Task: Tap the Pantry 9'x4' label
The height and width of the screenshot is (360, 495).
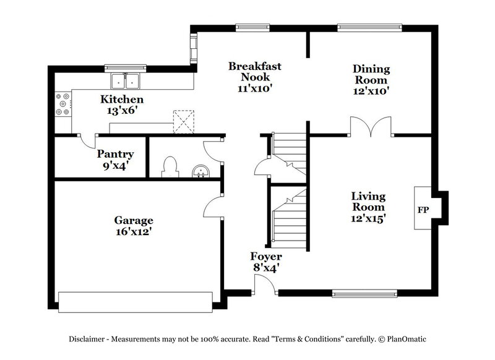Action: click(115, 160)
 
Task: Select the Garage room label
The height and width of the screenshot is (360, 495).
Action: click(133, 226)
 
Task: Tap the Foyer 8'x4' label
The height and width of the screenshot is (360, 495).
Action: click(266, 262)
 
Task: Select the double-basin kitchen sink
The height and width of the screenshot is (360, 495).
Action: click(126, 81)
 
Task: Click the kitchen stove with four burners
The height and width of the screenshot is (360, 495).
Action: click(62, 104)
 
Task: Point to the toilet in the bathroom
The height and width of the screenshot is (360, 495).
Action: click(170, 168)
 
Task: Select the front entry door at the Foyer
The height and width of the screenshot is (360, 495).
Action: click(265, 285)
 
